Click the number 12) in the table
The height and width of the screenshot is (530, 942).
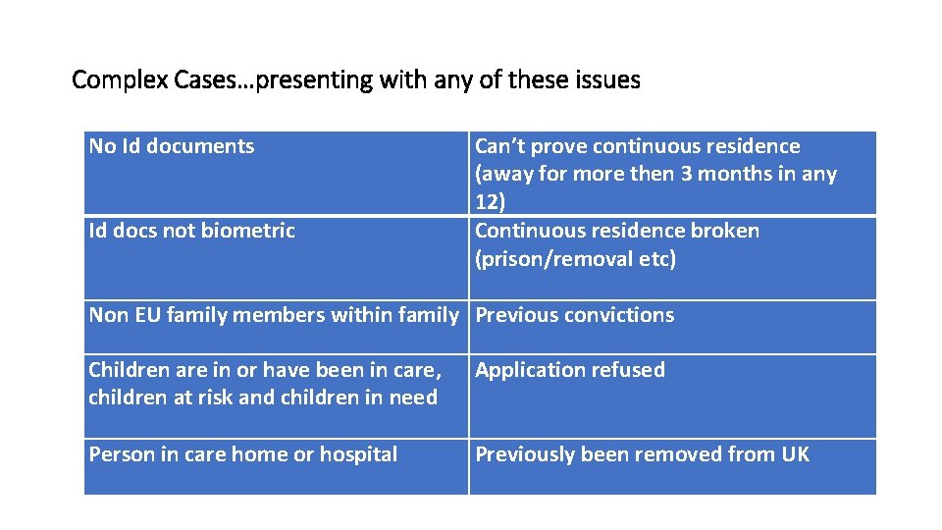point(489,202)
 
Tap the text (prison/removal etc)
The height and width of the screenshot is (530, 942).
point(575,260)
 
